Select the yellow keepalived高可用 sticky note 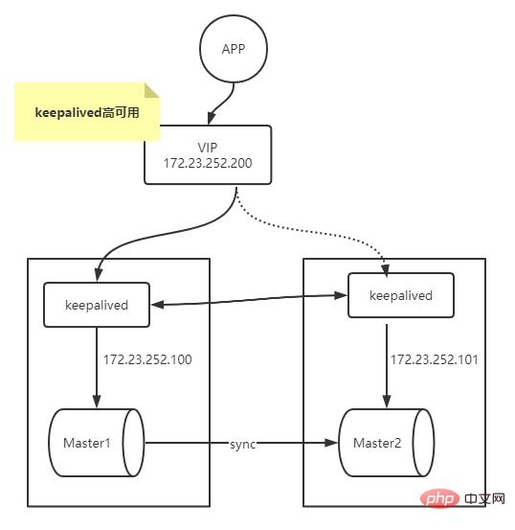coord(86,111)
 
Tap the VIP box coord(208,154)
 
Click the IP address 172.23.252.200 coord(208,163)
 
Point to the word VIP coord(208,146)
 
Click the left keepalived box coord(96,305)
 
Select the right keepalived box coord(400,295)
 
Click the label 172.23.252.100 coord(147,360)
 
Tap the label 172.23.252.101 coord(434,360)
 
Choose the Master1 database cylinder coord(95,443)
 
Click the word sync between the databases coord(243,445)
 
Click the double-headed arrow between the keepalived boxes coord(249,301)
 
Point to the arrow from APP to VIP coord(227,99)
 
